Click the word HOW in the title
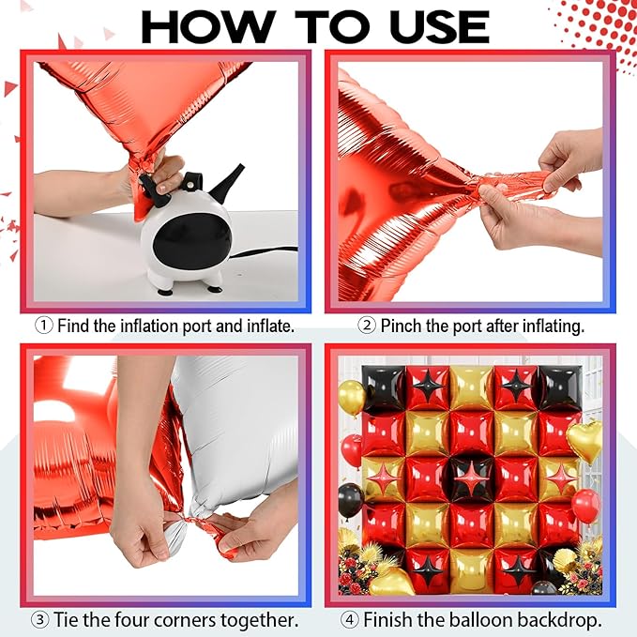tap(207, 26)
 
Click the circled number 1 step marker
tap(43, 326)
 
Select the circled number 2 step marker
tap(367, 326)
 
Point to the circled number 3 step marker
tap(40, 620)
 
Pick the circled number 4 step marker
tap(349, 620)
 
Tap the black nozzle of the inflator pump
tap(227, 182)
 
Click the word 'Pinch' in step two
tap(401, 326)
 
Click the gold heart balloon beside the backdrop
tap(584, 441)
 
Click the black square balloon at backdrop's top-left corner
tap(384, 387)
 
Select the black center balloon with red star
tap(472, 478)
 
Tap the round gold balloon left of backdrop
tap(352, 398)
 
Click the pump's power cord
tap(265, 251)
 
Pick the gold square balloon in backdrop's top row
tap(472, 388)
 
